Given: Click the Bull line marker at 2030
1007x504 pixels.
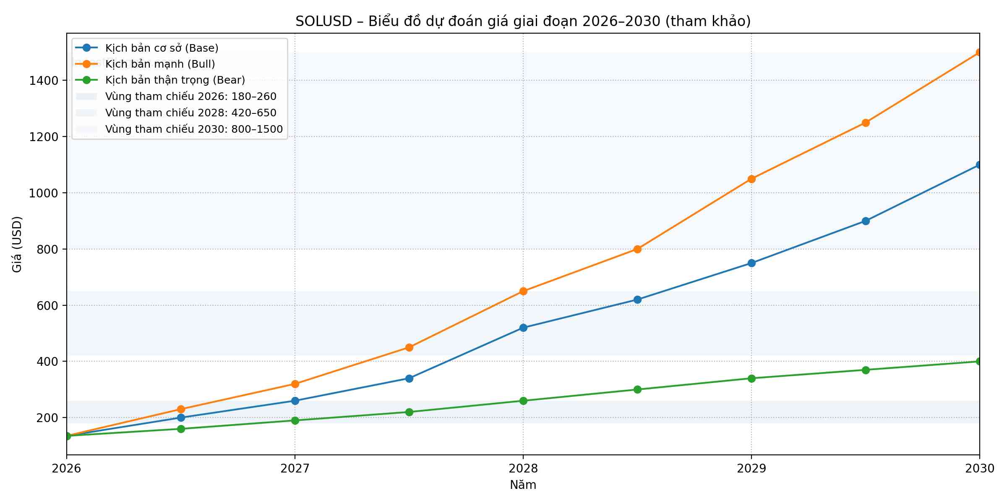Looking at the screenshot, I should tap(979, 52).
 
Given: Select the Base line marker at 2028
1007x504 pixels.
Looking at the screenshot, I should tap(523, 328).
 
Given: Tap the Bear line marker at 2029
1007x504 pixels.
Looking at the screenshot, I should tap(751, 378).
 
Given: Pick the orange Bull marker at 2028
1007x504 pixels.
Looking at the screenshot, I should tap(523, 291).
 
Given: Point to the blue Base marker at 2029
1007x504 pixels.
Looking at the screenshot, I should tap(751, 263).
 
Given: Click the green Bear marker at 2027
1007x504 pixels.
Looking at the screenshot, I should tap(295, 420).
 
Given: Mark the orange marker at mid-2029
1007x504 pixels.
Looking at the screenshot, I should tap(866, 123).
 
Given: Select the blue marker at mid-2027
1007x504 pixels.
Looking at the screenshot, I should tap(409, 378).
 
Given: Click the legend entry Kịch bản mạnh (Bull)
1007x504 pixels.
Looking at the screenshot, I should tap(160, 64).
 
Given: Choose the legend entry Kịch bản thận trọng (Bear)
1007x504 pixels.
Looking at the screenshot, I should tap(175, 80).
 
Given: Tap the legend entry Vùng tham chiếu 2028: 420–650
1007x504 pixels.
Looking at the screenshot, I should tap(190, 113).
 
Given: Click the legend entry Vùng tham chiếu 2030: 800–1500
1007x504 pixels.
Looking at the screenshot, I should tap(194, 129).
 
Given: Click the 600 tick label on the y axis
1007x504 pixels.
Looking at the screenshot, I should tap(47, 306).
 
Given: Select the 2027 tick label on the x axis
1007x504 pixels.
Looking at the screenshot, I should tap(295, 468).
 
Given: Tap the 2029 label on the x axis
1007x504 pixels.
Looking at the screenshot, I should tap(751, 468).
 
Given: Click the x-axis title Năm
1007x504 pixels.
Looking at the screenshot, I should tap(523, 485).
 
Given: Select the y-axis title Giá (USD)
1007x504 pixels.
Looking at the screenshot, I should tap(17, 244).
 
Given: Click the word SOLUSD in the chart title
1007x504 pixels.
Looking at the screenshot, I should tap(323, 21).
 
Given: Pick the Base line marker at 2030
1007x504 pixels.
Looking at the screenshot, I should tap(979, 165).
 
